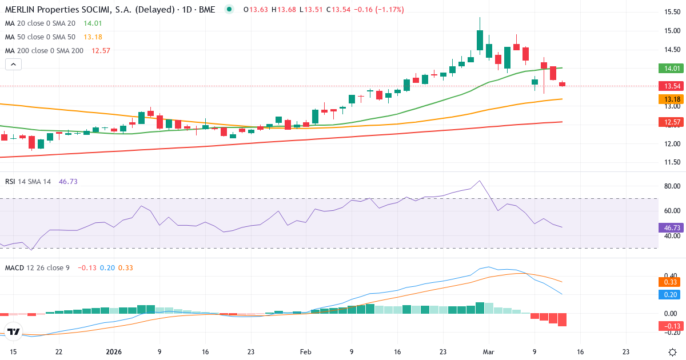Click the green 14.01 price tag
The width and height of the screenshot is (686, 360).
(671, 69)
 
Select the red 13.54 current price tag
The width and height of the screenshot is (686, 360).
(671, 86)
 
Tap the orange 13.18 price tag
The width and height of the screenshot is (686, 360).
(671, 99)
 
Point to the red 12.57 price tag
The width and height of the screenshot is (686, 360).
(671, 122)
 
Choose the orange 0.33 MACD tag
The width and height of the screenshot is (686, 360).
(671, 282)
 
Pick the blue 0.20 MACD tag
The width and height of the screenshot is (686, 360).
(671, 294)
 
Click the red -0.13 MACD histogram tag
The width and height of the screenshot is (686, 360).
(671, 326)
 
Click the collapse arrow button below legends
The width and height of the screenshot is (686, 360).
(13, 65)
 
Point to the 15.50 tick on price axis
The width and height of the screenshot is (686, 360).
(671, 12)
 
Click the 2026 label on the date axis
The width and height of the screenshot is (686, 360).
(114, 352)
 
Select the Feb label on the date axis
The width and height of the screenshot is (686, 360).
(306, 352)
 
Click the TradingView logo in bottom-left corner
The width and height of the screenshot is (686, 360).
(14, 331)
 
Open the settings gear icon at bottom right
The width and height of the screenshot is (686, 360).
(672, 352)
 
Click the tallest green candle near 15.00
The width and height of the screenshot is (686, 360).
(480, 40)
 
